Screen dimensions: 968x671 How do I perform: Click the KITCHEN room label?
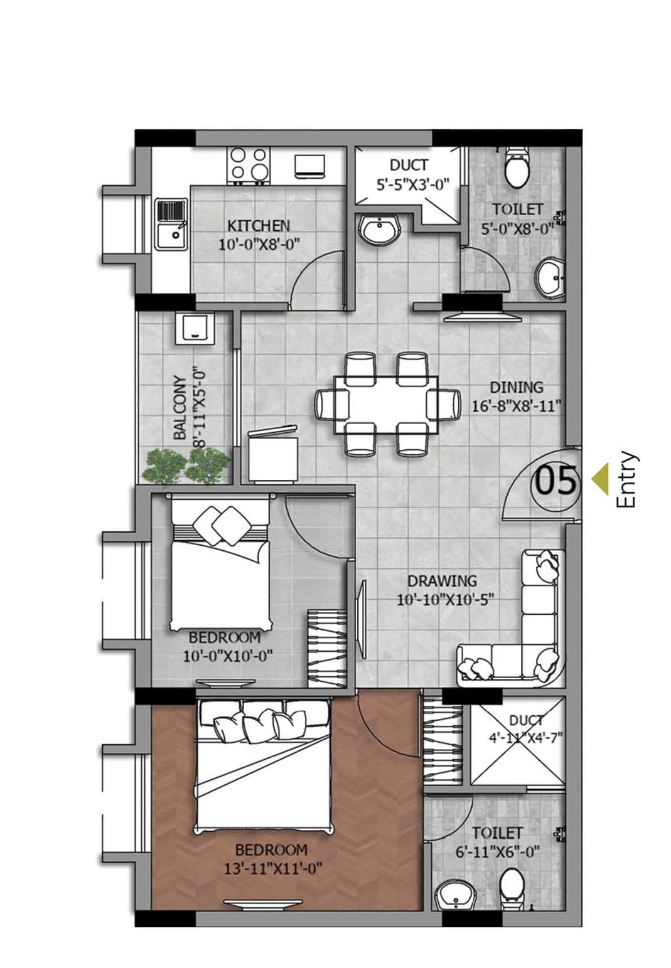click(x=258, y=225)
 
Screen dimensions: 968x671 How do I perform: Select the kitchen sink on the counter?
click(x=171, y=224)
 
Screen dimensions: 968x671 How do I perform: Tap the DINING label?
click(x=516, y=387)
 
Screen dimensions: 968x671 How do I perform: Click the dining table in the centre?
click(x=385, y=404)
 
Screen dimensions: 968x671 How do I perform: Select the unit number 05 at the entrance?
click(x=555, y=481)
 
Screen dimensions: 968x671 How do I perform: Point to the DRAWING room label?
click(x=441, y=581)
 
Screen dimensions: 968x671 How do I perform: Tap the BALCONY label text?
click(x=180, y=408)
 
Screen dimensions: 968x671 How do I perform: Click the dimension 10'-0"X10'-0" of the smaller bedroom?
click(x=227, y=657)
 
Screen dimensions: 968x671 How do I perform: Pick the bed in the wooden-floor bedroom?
click(x=262, y=766)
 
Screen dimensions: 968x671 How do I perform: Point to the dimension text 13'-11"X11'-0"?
click(x=272, y=869)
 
